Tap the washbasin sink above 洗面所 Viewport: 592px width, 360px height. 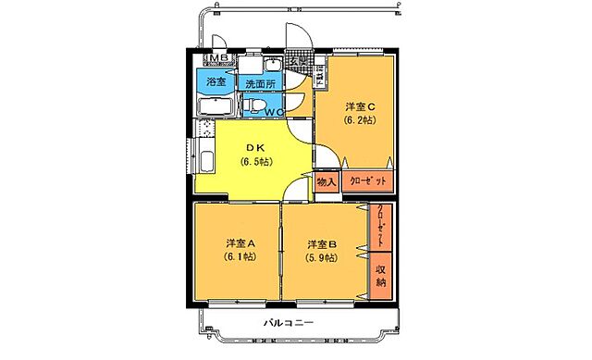272,66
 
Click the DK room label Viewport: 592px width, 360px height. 255,146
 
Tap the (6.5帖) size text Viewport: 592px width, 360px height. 255,162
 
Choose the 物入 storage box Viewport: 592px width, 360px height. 327,182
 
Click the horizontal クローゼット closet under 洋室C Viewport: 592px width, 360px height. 367,182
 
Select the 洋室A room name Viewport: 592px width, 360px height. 238,242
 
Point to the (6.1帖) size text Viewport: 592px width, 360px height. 238,257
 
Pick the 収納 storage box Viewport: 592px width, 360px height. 380,274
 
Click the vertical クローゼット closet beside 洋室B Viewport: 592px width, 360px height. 380,227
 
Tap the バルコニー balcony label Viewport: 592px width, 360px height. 289,323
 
